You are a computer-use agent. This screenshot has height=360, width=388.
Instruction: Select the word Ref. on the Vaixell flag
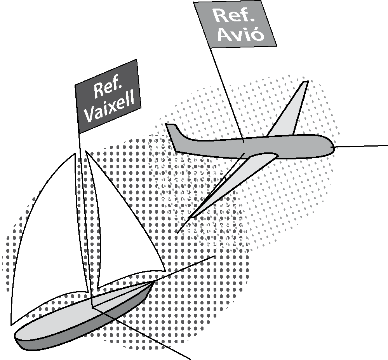coord(104,89)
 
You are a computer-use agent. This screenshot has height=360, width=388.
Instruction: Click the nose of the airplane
coord(331,147)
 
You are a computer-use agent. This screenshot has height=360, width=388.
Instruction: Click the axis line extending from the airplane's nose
coord(361,146)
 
